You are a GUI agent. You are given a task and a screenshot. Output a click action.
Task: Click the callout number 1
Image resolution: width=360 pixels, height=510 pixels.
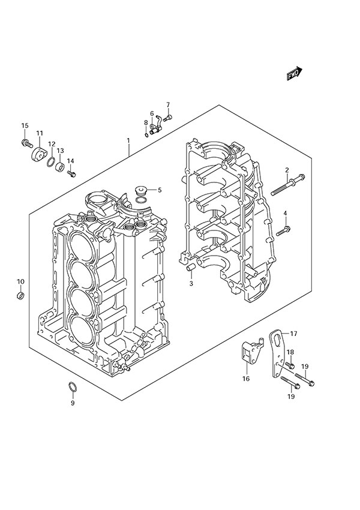pyautogui.click(x=128, y=142)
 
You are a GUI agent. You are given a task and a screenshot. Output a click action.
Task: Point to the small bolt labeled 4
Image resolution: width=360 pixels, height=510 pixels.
pyautogui.click(x=283, y=230)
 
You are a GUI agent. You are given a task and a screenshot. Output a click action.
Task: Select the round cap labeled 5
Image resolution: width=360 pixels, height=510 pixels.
pyautogui.click(x=142, y=191)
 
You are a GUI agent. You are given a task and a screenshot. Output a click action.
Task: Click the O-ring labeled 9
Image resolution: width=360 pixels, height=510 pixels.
pyautogui.click(x=72, y=388)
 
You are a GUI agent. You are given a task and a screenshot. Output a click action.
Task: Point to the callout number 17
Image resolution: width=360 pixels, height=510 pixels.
pyautogui.click(x=294, y=334)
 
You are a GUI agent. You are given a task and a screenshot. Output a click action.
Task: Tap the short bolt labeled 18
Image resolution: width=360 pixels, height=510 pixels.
pyautogui.click(x=289, y=365)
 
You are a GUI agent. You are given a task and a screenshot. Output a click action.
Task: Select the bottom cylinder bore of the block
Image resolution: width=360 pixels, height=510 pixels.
pyautogui.click(x=82, y=328)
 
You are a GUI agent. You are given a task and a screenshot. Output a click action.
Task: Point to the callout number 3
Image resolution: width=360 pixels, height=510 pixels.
pyautogui.click(x=191, y=283)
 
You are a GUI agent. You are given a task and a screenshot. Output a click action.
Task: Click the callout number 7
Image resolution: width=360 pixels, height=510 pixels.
pyautogui.click(x=168, y=105)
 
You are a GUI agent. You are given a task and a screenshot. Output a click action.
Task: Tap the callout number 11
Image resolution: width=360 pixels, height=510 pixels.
pyautogui.click(x=40, y=133)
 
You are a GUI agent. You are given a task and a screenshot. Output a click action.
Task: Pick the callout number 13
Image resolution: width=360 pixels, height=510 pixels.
pyautogui.click(x=60, y=151)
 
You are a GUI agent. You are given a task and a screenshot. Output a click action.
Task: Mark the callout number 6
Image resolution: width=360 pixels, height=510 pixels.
pyautogui.click(x=152, y=113)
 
